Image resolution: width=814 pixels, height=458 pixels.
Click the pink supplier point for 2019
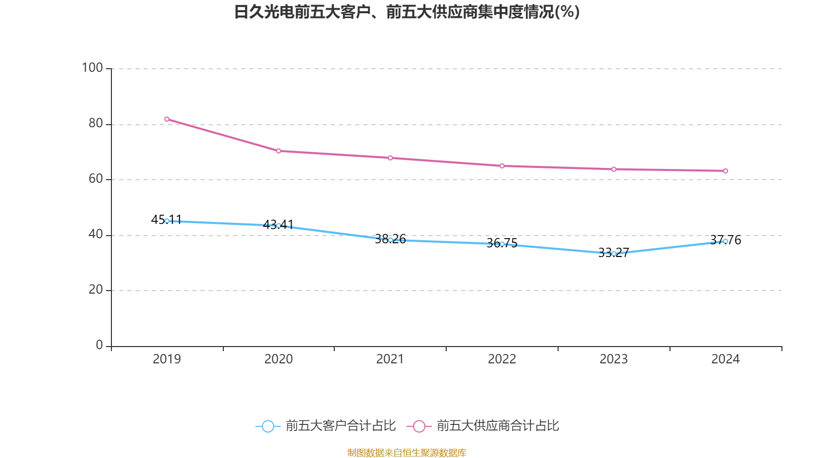(167, 119)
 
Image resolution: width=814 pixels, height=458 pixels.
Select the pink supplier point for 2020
(278, 151)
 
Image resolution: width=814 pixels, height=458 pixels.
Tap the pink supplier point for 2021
(390, 158)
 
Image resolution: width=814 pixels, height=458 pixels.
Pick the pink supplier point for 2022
(502, 166)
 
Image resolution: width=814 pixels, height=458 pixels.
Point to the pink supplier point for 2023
(614, 169)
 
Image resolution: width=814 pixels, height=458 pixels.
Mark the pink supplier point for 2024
(725, 171)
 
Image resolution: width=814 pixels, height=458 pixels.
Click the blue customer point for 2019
(167, 221)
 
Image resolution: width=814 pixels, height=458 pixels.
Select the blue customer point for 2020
(278, 225)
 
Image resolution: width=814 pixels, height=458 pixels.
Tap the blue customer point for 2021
(390, 240)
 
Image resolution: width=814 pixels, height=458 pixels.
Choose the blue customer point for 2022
(502, 244)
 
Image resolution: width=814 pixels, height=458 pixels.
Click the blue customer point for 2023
(614, 254)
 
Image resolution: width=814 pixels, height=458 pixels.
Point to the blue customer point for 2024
(725, 241)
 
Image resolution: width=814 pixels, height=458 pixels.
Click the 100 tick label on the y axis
(92, 68)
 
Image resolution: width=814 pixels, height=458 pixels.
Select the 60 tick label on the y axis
(95, 179)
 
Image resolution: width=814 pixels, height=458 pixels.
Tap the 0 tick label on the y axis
(99, 345)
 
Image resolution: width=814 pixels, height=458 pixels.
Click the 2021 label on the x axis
(390, 359)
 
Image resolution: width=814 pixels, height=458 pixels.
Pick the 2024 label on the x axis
(725, 359)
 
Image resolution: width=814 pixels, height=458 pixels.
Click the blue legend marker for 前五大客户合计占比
(268, 426)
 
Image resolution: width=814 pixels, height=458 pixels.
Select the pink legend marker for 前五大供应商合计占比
(419, 426)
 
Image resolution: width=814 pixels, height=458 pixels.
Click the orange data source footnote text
(406, 452)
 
